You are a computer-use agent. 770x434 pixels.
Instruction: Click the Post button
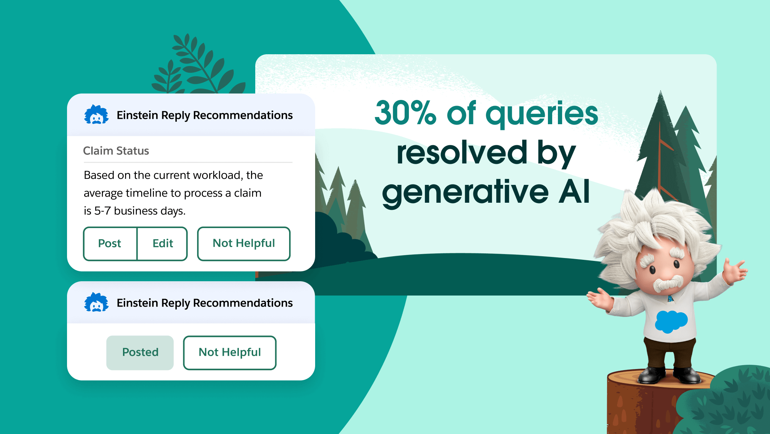coord(110,243)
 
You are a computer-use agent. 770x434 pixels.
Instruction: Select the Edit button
coord(163,243)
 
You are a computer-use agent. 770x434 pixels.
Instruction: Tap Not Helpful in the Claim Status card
coord(244,243)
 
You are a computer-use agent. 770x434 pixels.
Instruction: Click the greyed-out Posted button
coord(140,352)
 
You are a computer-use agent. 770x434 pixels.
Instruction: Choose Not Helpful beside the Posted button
coord(230,352)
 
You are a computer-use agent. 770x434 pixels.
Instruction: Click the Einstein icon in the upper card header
coord(96,115)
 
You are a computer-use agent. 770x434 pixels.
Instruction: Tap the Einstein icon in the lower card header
coord(96,302)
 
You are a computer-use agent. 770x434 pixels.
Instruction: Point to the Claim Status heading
coord(116,151)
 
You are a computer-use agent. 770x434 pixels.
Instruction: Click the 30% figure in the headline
coord(406,113)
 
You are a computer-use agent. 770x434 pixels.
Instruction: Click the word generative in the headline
coord(465,193)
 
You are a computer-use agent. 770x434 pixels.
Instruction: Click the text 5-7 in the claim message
coord(102,211)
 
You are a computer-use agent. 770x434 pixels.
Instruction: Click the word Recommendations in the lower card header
coord(243,303)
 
